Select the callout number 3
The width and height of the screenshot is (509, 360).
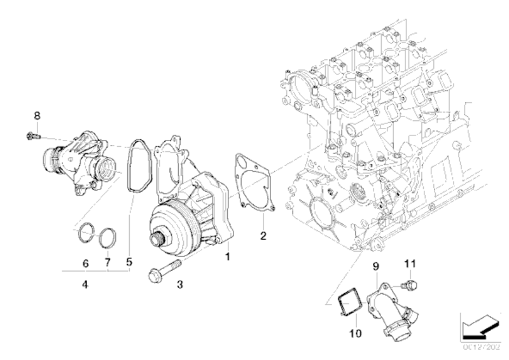[179, 284]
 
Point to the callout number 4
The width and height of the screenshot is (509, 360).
[85, 284]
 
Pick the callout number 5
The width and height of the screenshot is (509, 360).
[130, 261]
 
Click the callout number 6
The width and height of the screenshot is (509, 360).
[85, 262]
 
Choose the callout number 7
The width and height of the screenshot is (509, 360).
[108, 262]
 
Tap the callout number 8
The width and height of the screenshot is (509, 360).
[37, 116]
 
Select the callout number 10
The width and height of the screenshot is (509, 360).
[355, 332]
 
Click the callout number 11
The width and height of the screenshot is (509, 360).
[410, 262]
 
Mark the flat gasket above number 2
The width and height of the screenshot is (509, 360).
[253, 181]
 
